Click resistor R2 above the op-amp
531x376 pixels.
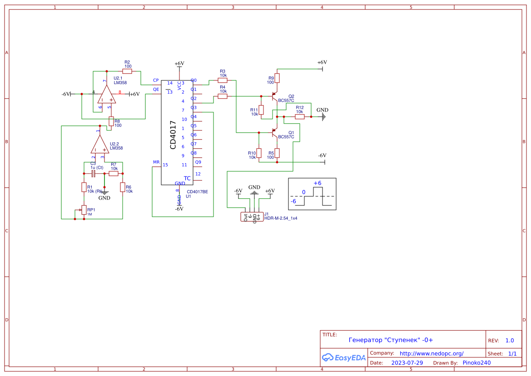coord(127,71)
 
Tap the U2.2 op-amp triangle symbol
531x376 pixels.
coord(99,145)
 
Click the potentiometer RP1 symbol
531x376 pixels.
coord(84,210)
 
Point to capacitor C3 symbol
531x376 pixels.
coord(93,173)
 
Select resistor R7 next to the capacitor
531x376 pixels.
coord(114,173)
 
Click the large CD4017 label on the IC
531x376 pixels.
coord(173,135)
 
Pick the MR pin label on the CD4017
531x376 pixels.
coord(156,162)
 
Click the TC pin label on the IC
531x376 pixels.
coord(187,178)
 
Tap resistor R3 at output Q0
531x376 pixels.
coord(223,80)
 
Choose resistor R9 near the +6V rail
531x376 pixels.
coord(277,78)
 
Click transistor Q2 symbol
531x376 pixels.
coord(274,96)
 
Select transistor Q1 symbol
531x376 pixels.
coord(274,133)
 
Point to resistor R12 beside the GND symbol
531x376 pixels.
coord(300,116)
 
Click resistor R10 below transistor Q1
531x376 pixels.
coord(259,153)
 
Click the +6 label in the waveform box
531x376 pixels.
coord(317,183)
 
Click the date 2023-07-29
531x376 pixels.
coord(407,363)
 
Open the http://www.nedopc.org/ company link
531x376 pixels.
coord(431,353)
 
